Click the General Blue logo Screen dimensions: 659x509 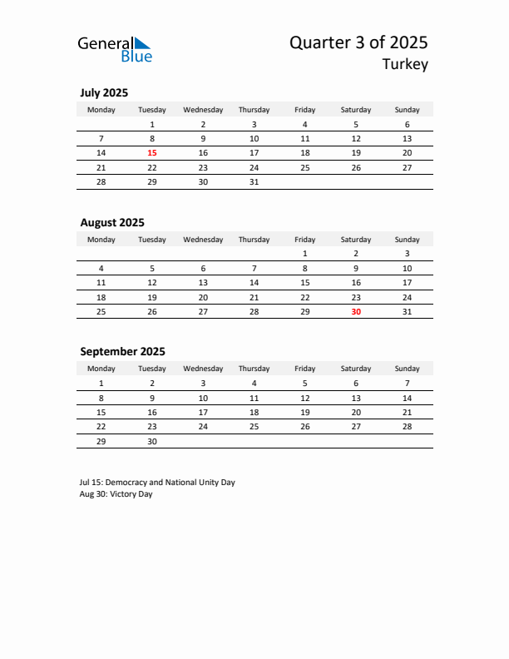point(115,49)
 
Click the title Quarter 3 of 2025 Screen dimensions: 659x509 point(358,43)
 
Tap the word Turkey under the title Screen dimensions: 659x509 point(405,65)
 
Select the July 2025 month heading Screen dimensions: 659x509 point(104,93)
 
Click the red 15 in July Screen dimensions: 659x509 point(152,153)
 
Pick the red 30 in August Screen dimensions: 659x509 point(356,312)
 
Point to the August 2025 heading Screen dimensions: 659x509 point(112,223)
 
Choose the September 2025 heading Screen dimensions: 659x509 point(122,352)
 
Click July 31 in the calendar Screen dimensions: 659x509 point(254,181)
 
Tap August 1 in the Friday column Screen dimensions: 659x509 point(305,254)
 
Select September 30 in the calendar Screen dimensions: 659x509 point(152,441)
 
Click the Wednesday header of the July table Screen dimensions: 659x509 point(203,110)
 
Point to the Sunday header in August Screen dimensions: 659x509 point(407,240)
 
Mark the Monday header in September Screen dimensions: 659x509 point(101,369)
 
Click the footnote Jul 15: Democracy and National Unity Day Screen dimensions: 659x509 point(157,483)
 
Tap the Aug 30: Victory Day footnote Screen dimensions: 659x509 point(116,494)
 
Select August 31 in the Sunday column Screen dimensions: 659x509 point(407,312)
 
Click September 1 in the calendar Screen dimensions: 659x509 point(101,384)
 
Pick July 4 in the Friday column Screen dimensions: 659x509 point(305,125)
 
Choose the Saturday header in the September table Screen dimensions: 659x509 point(356,369)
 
